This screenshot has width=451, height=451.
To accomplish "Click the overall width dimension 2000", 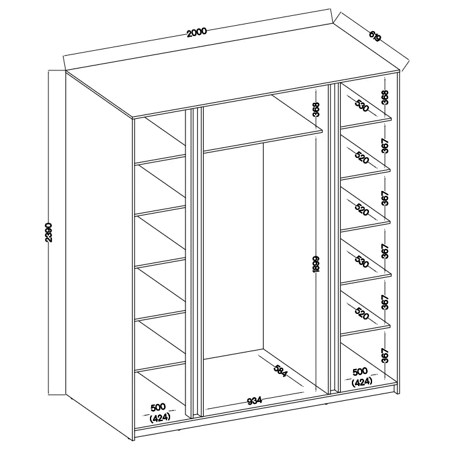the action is (196, 32).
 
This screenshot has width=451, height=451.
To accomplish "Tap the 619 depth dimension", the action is (375, 37).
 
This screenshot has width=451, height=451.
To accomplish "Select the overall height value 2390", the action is (49, 232).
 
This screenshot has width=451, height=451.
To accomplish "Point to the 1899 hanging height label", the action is (316, 264).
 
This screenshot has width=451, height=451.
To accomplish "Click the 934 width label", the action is (255, 401).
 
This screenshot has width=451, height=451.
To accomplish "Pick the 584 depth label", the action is (280, 371).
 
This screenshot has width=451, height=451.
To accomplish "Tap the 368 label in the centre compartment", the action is (316, 110).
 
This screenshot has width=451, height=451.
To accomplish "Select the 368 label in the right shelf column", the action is (385, 97).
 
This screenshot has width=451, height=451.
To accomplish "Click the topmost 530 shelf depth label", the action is (362, 105).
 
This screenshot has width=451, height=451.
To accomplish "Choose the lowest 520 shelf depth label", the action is (362, 313).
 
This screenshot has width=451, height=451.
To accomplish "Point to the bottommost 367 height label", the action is (385, 355).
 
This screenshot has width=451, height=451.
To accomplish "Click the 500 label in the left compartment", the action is (158, 407).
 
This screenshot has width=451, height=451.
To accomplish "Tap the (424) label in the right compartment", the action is (362, 382).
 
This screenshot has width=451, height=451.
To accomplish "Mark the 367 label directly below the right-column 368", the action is (385, 146).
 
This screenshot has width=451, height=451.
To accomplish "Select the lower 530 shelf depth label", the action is (362, 261).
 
